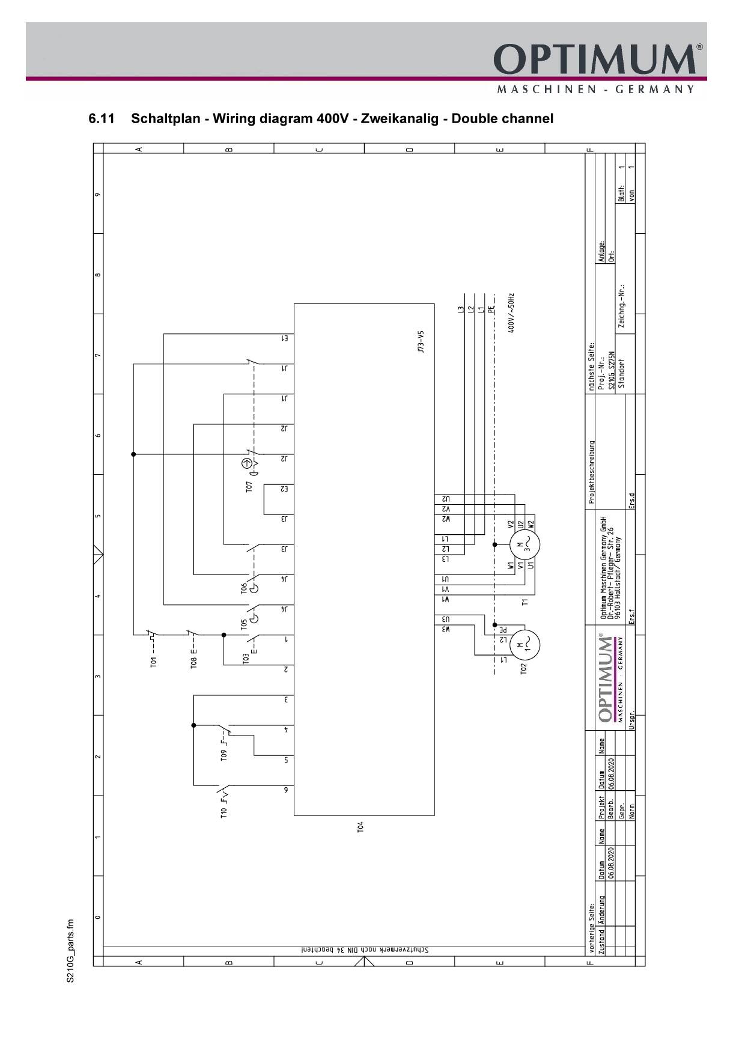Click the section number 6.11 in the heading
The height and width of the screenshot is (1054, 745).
click(x=102, y=118)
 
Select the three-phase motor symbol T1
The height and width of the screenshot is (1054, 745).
click(x=525, y=546)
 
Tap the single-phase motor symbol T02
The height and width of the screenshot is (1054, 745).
click(x=525, y=645)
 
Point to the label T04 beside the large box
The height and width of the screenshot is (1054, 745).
click(x=360, y=827)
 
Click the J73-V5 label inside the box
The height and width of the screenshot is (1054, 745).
click(x=422, y=341)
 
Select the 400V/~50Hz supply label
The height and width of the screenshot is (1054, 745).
click(x=511, y=313)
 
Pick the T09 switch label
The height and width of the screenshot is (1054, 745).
click(x=223, y=755)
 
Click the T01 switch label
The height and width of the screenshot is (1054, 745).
click(x=153, y=662)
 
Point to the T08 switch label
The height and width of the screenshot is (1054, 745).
click(x=193, y=662)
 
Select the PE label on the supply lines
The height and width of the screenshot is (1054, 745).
click(x=491, y=310)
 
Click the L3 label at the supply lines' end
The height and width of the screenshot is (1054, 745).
click(x=461, y=310)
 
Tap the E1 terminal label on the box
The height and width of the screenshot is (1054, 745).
click(x=285, y=338)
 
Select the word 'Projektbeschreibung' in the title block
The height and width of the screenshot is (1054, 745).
click(x=591, y=472)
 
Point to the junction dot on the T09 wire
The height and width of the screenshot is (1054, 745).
click(x=193, y=725)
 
